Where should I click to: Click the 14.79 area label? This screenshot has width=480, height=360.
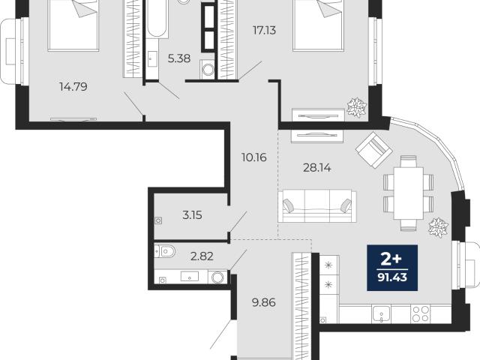73,87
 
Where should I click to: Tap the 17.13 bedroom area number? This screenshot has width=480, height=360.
264,30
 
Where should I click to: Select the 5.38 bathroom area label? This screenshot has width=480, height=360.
179,58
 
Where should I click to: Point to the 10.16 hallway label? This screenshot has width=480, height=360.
254,157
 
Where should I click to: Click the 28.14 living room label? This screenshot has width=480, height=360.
316,168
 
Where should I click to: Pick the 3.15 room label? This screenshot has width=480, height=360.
192,215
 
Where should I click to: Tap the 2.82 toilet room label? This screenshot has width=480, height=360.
202,256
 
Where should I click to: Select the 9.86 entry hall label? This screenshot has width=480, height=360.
263,302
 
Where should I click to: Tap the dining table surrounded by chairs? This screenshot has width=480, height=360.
409,193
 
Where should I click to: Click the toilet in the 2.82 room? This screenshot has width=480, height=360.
165,252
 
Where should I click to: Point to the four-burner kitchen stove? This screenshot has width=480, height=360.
420,314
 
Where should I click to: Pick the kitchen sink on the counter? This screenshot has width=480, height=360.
381,314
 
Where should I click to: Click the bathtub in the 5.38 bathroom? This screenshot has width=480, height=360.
156,19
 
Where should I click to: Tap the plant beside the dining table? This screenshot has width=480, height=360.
438,227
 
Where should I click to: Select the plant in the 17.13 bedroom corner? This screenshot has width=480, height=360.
357,107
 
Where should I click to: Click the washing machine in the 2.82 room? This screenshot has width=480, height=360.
217,277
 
